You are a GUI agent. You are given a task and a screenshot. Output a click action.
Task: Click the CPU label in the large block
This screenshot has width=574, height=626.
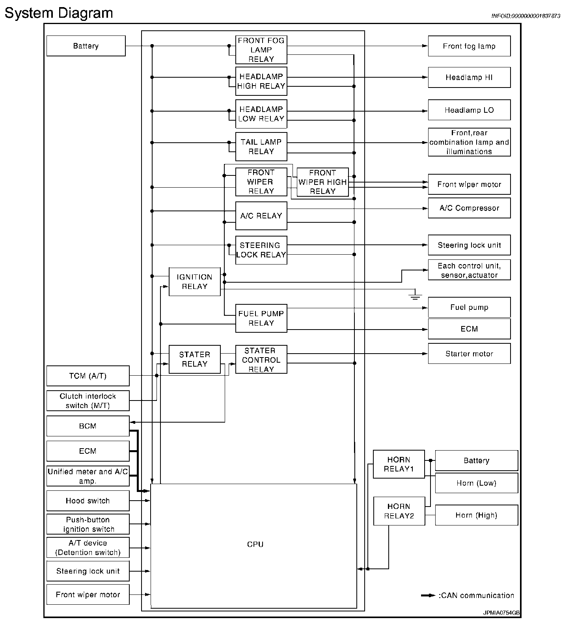(255, 544)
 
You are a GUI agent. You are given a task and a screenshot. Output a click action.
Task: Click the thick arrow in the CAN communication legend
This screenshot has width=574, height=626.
(429, 596)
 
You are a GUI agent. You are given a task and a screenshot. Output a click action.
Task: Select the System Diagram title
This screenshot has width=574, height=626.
(59, 13)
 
